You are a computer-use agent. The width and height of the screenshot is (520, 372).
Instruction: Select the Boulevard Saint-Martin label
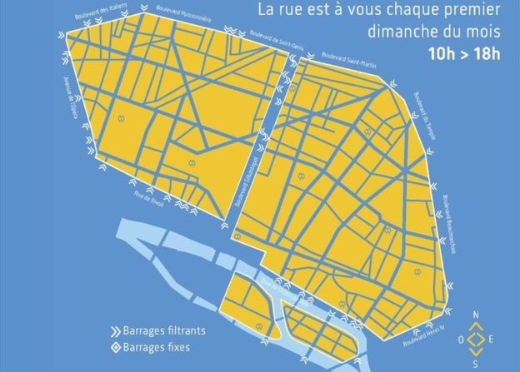(342, 59)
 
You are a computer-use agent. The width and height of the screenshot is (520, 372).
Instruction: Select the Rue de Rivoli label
(152, 199)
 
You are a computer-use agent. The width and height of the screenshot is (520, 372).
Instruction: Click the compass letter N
(475, 314)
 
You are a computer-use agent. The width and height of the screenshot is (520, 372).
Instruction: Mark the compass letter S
(475, 365)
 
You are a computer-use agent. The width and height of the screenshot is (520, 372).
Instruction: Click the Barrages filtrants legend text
(163, 330)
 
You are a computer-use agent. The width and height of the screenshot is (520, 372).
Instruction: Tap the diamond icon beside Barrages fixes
(114, 347)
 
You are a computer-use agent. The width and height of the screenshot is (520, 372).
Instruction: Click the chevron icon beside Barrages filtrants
(114, 330)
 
